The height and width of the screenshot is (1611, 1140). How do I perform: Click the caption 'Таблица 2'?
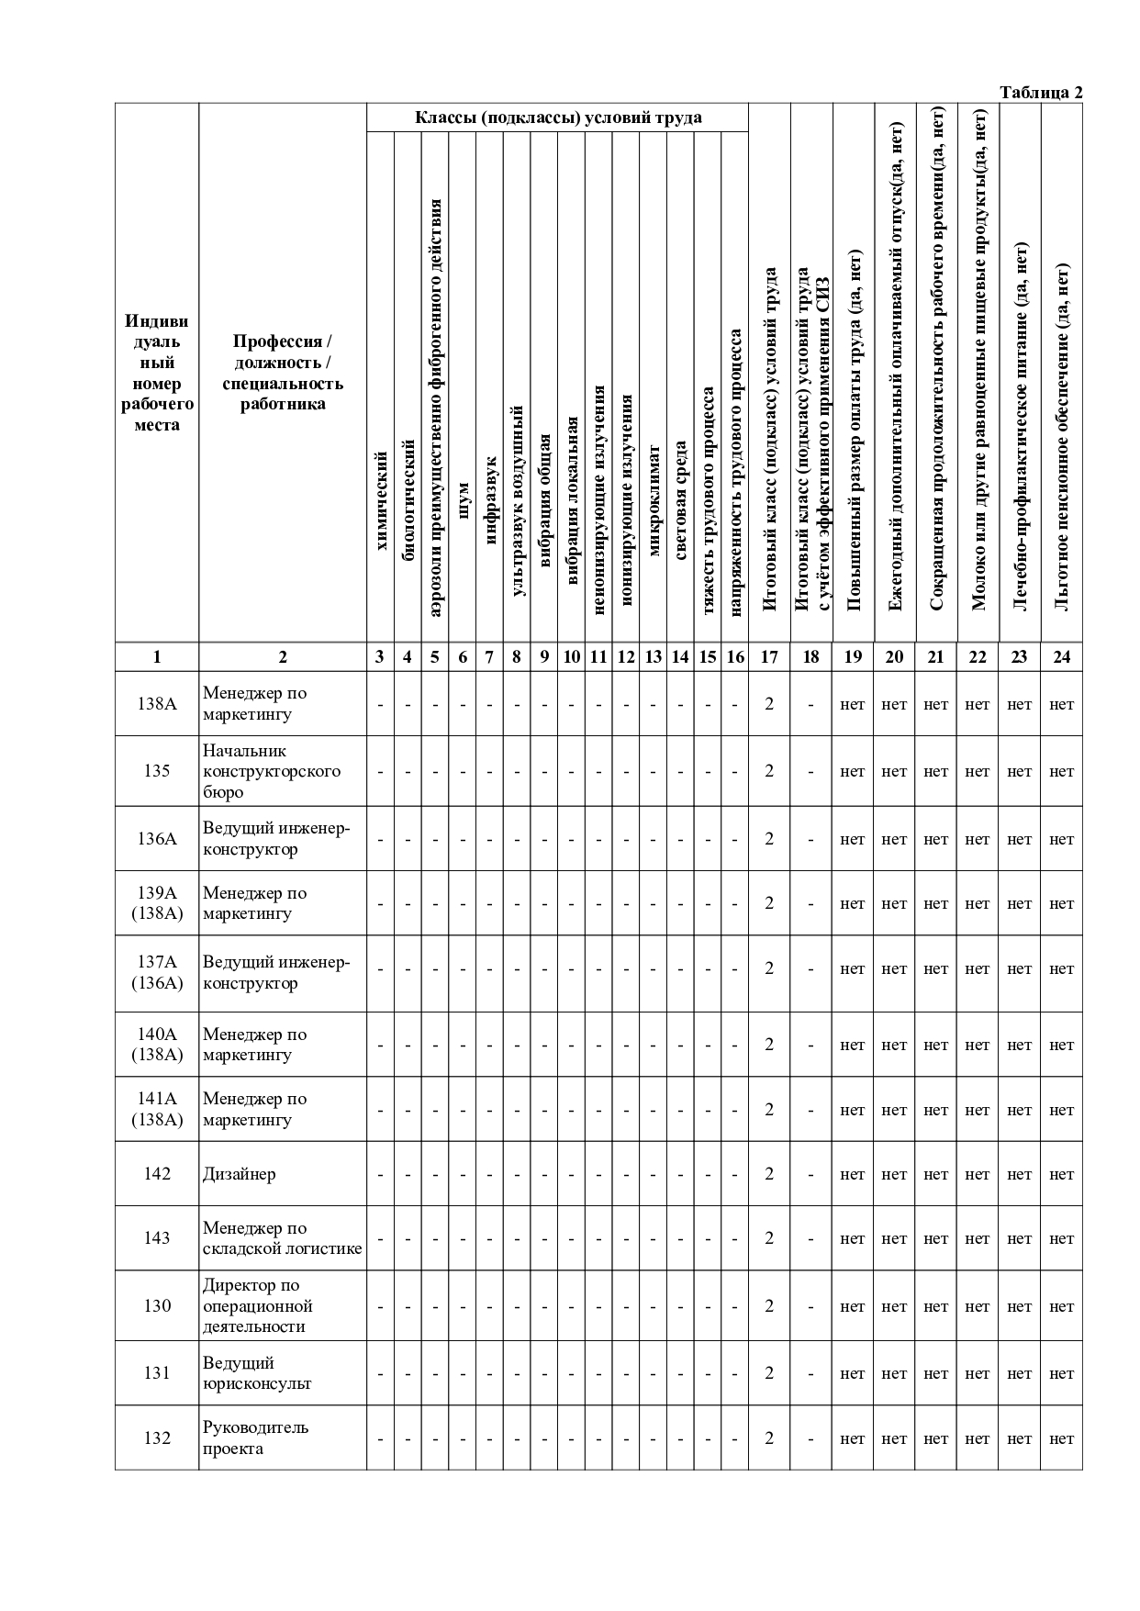tap(1041, 93)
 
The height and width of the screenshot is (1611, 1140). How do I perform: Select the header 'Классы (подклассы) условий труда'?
tap(558, 117)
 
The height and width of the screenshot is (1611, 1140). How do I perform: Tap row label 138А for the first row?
tap(157, 704)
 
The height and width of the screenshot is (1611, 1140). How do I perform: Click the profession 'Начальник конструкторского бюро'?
tap(272, 771)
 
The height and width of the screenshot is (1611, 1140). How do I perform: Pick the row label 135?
tap(157, 771)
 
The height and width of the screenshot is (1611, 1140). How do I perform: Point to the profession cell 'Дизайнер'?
tap(240, 1174)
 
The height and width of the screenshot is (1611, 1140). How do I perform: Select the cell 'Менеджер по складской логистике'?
tap(283, 1238)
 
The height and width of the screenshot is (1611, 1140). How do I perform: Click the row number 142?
tap(157, 1174)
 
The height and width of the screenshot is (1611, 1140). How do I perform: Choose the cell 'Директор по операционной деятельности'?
tap(258, 1306)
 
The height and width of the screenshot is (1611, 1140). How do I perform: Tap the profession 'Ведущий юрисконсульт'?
tap(257, 1373)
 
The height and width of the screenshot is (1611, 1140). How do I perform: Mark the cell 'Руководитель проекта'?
tap(256, 1438)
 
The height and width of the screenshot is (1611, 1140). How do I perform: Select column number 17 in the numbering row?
tap(769, 656)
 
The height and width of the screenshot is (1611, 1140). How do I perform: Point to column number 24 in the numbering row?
tap(1062, 656)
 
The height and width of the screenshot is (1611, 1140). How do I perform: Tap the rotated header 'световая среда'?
tap(681, 500)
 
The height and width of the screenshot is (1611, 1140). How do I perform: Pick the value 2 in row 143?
tap(769, 1238)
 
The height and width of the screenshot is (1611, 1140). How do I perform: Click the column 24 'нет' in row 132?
tap(1062, 1438)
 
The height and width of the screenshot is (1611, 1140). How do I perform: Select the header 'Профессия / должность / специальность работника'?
tap(283, 373)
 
